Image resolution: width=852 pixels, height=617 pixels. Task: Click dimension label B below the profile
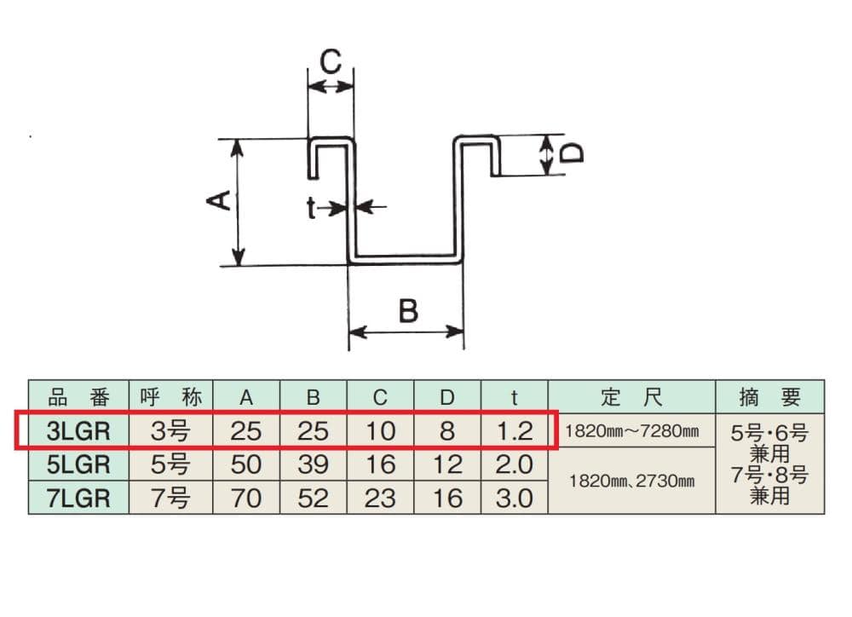point(408,311)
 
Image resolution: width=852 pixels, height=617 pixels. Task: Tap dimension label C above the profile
point(331,62)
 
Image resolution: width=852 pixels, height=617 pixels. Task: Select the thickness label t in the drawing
point(312,206)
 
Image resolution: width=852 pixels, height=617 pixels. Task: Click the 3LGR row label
point(78,430)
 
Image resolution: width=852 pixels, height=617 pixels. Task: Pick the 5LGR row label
point(78,464)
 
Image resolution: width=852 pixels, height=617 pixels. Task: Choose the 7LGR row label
point(78,497)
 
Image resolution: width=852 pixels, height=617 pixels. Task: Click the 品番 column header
point(78,396)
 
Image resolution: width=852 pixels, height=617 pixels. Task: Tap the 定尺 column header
point(631,396)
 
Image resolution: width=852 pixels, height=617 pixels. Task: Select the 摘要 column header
point(770,396)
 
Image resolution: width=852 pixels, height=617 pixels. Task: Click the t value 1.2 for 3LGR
point(514,430)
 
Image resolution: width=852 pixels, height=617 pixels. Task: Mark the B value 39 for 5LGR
point(313,464)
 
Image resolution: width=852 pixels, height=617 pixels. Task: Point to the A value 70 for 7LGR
point(246,497)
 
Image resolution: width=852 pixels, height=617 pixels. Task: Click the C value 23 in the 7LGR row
point(380,497)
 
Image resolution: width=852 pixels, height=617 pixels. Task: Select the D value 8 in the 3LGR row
point(447,430)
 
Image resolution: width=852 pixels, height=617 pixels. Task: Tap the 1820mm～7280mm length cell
point(631,431)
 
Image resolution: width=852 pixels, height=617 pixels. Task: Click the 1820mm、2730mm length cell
point(631,481)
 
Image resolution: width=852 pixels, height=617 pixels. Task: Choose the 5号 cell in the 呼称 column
point(170,464)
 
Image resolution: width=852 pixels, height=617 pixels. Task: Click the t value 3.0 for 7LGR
point(514,497)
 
